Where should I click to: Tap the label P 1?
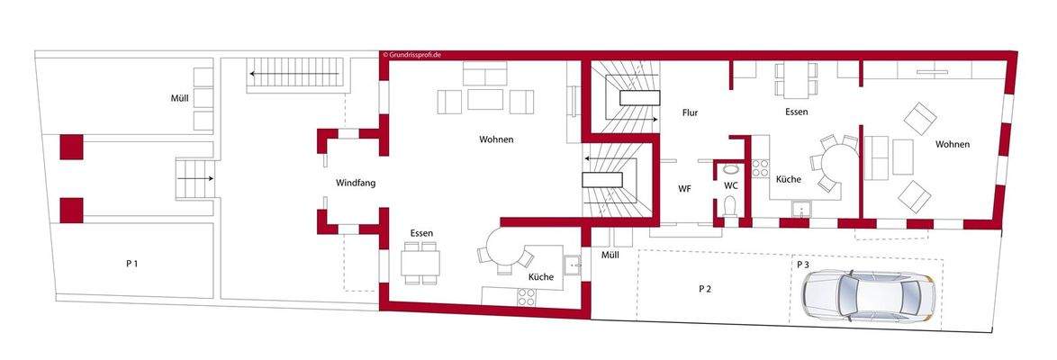tap(131, 264)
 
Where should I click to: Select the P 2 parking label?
tap(705, 289)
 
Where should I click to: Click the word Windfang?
tap(356, 184)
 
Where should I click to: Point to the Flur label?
tap(690, 113)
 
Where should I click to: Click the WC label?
tap(731, 185)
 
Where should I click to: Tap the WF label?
tap(685, 189)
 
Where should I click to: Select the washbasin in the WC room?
tap(730, 168)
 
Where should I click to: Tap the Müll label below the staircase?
tap(610, 256)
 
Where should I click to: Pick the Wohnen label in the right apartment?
tap(953, 145)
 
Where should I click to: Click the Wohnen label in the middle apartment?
tap(496, 139)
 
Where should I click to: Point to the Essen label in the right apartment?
tap(796, 112)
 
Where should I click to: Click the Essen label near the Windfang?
tap(421, 233)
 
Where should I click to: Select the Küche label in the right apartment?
tap(788, 180)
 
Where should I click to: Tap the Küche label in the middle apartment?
tap(541, 277)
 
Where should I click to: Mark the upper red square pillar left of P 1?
tap(71, 147)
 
